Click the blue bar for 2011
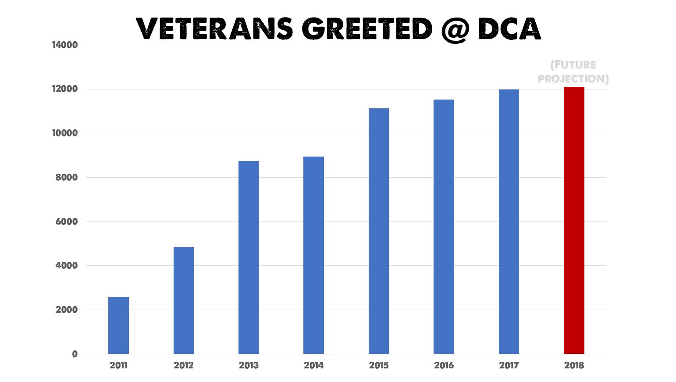point(118,325)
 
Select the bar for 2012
point(183,300)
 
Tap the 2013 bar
point(249,257)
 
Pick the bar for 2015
point(379,231)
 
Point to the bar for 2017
point(509,221)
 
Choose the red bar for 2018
point(574,220)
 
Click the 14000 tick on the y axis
point(65,45)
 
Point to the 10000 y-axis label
point(65,133)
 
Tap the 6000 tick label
point(67,221)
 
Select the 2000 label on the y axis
point(67,310)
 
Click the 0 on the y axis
point(75,354)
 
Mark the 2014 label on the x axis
point(314,365)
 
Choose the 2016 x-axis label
point(444,365)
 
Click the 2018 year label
point(574,365)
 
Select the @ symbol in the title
point(455,30)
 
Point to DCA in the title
point(509,29)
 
